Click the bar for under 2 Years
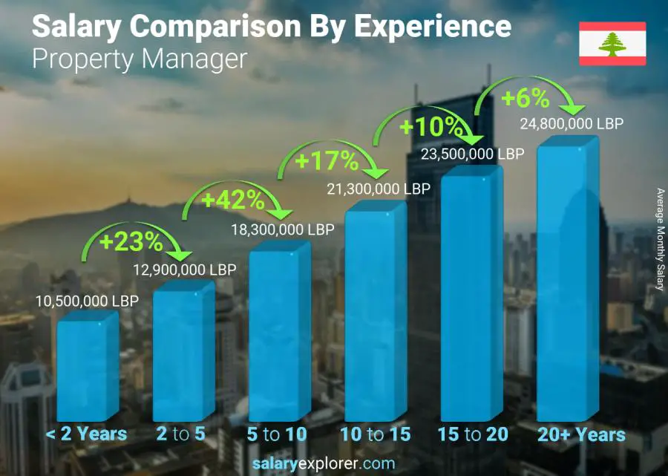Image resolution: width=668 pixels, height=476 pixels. coord(87,369)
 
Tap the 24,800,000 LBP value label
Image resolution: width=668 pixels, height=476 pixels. coord(571,123)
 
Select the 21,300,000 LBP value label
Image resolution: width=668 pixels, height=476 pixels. coord(378,189)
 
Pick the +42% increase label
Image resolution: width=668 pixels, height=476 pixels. coord(233,200)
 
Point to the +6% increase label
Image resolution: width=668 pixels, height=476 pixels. coord(525,98)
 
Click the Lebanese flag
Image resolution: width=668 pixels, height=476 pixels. coord(612,44)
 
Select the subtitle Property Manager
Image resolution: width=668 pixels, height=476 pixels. coord(139,59)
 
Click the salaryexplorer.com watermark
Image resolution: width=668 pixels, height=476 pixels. coord(334,463)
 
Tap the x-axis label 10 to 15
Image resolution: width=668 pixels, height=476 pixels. coord(376,434)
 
